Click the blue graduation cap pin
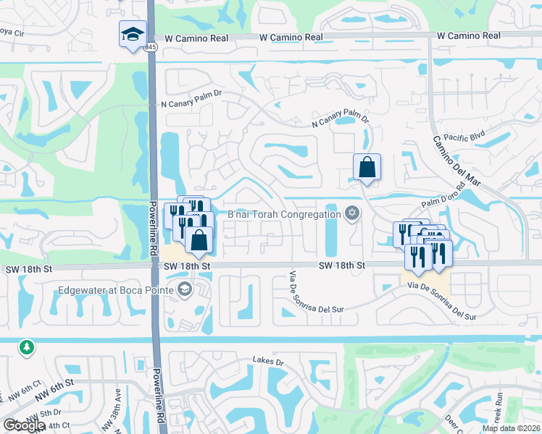coord(133,34)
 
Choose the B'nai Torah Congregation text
coord(284,214)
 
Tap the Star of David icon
coord(352,213)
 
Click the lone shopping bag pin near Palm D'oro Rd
coord(367,168)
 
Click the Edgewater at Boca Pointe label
coord(119,290)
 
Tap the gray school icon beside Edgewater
coord(185,291)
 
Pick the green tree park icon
coord(27,347)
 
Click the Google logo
coord(24,425)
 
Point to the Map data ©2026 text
coord(511,428)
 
